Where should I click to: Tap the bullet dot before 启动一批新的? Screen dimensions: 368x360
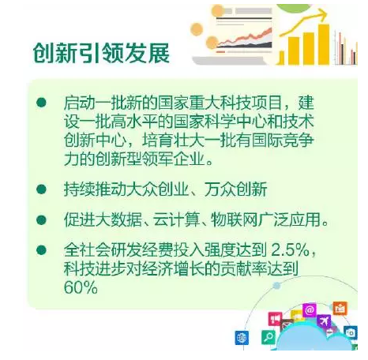point(41,103)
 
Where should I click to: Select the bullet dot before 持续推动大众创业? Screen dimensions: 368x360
point(41,189)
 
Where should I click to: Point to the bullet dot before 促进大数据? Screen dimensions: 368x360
point(41,219)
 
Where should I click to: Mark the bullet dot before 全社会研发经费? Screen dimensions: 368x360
point(41,249)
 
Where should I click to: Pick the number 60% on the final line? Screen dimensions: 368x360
point(81,287)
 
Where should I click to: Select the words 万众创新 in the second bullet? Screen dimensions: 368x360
point(236,189)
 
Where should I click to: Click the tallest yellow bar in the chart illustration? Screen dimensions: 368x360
point(324,44)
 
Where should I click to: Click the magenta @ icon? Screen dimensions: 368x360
point(310,310)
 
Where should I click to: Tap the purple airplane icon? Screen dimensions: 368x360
point(324,321)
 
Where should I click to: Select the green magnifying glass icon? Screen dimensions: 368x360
point(268,336)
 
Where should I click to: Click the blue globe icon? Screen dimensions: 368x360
point(242,337)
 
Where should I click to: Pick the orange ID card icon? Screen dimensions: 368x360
point(340,308)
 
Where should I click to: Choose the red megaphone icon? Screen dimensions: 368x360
point(275,319)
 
